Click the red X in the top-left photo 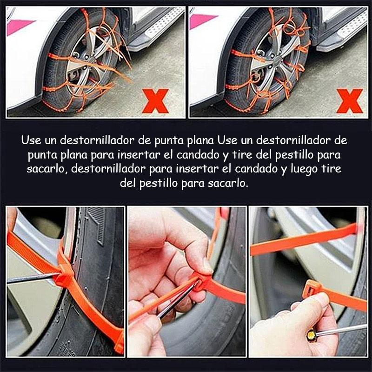155,101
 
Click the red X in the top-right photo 350,101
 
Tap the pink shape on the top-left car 20,26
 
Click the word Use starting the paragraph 31,140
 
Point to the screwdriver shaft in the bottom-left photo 32,278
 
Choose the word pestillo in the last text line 158,183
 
